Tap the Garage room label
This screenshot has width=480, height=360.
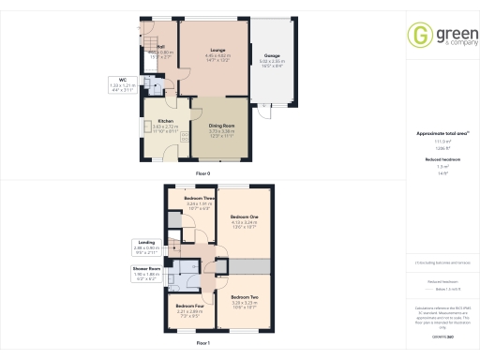click(272, 55)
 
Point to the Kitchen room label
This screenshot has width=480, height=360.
click(166, 121)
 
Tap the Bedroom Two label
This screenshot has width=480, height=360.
click(244, 297)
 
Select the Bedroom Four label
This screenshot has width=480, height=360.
click(190, 306)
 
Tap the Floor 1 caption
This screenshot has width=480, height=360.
click(202, 344)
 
